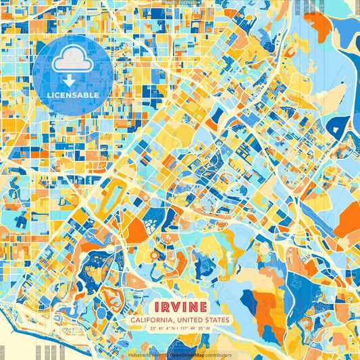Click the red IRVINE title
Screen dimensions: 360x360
180,304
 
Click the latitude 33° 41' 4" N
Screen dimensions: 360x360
161,329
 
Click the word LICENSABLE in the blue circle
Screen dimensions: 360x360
74,95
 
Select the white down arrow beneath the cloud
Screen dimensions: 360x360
74,80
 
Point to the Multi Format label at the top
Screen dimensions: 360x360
180,3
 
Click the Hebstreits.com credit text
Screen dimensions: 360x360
143,355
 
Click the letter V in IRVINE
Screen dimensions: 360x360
177,304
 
